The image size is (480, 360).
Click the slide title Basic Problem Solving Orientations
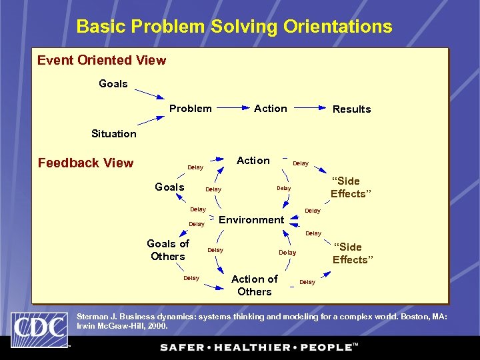click(234, 27)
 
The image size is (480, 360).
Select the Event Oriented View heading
click(101, 61)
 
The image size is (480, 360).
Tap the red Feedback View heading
click(85, 163)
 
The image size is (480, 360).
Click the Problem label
click(191, 109)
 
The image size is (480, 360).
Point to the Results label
click(351, 109)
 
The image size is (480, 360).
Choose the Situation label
click(113, 134)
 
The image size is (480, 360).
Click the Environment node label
click(251, 220)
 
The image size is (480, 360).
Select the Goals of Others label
click(168, 250)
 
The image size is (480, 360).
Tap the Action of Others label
click(254, 285)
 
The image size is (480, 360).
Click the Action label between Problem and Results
click(270, 109)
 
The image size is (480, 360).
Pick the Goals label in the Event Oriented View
click(113, 84)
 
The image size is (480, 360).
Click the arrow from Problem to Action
click(233, 108)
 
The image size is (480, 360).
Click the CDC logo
click(39, 329)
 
